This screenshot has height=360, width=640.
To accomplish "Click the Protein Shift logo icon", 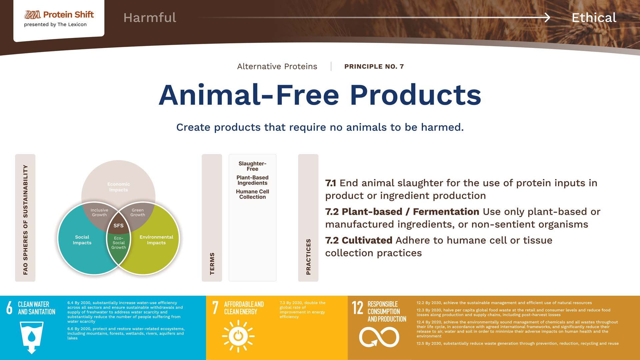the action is click(32, 15).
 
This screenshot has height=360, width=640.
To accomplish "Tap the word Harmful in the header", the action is click(150, 18).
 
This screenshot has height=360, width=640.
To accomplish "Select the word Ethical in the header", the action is click(594, 18).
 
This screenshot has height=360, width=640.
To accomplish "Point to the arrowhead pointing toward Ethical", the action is click(547, 17).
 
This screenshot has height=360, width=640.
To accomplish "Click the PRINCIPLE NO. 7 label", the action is click(374, 67).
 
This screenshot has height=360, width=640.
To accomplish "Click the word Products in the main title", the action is click(415, 95).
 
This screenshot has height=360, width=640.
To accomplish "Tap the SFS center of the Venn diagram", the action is click(118, 226).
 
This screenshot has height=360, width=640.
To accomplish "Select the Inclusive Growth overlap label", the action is click(99, 212).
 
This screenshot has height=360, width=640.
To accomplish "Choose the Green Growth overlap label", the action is click(138, 212).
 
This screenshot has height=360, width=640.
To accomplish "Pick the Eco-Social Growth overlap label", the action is click(119, 243).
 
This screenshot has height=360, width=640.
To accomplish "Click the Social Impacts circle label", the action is click(82, 240).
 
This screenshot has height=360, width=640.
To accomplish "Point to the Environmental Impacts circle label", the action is click(156, 240).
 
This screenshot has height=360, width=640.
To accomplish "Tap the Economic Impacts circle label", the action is click(119, 187).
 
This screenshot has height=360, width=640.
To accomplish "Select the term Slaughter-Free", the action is click(252, 166).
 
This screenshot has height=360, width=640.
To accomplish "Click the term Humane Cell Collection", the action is click(252, 194).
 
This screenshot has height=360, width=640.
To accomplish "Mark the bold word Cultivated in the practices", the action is click(367, 240).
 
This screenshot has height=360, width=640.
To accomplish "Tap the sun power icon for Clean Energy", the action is click(238, 336).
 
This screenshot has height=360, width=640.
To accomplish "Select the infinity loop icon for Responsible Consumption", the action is click(379, 337).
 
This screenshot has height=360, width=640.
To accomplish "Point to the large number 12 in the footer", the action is click(358, 308).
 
